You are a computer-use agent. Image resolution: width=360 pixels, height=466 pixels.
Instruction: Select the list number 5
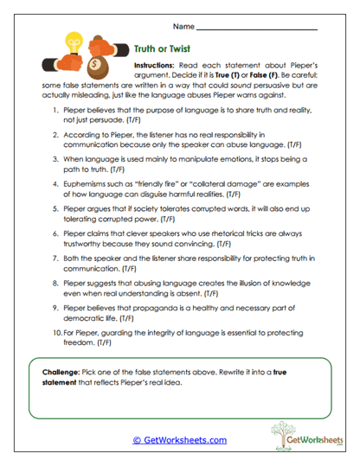pyautogui.click(x=55, y=210)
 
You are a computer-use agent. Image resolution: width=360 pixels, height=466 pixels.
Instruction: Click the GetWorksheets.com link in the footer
pyautogui.click(x=179, y=439)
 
